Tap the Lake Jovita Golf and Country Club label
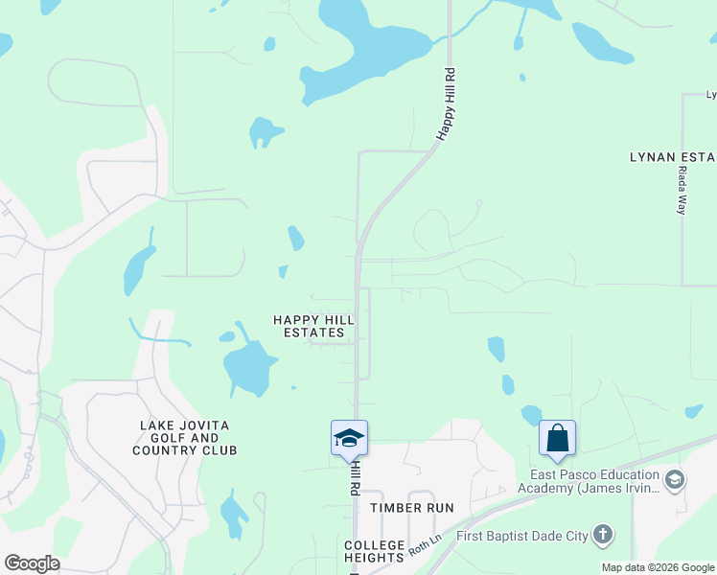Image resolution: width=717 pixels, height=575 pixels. click(x=185, y=437)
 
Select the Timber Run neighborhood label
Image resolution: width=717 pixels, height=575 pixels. click(x=412, y=507)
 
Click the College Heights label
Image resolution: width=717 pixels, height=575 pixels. click(x=374, y=551)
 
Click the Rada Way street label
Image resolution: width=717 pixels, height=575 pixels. click(x=682, y=190)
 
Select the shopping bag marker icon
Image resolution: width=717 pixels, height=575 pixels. click(x=557, y=439)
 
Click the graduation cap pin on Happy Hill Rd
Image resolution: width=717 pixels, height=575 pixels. click(x=349, y=439)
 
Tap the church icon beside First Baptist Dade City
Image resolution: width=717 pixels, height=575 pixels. click(x=602, y=535)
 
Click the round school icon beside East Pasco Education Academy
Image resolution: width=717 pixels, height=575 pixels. click(x=674, y=479)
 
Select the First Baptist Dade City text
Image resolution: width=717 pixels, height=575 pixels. click(x=521, y=535)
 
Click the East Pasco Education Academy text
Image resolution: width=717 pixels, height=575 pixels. click(x=589, y=481)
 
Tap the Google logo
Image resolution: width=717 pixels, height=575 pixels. click(x=32, y=563)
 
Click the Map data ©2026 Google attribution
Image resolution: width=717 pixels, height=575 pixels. click(x=658, y=567)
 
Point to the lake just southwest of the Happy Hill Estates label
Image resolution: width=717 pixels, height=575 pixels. click(x=249, y=367)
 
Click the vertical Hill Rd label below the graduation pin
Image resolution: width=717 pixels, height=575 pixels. click(x=354, y=475)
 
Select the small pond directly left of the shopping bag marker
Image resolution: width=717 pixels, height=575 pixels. click(x=531, y=415)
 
